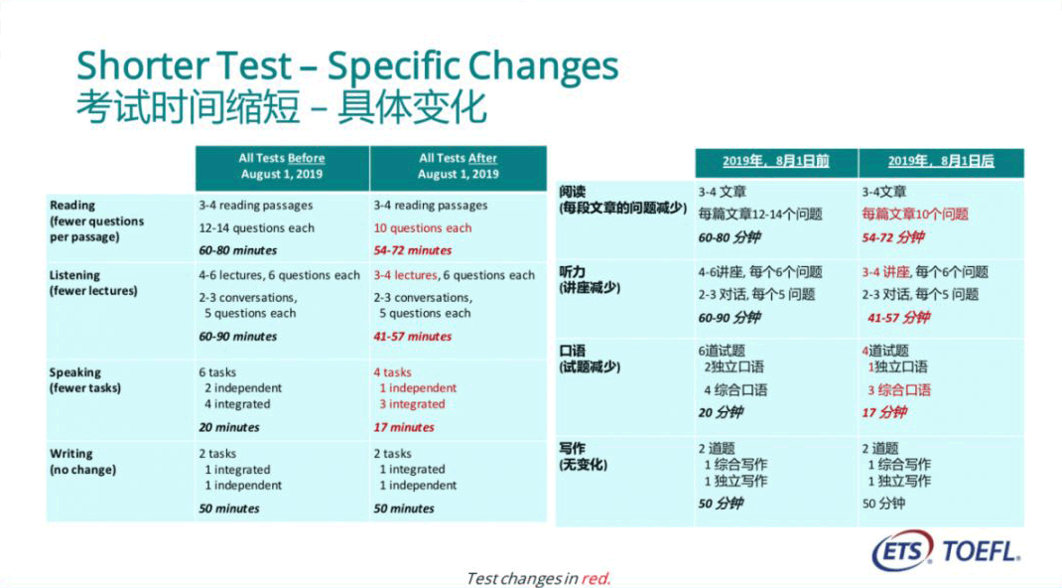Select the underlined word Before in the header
point(306,159)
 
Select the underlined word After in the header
point(482,159)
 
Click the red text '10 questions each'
point(423,228)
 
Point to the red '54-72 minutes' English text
point(413,250)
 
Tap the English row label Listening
point(74,276)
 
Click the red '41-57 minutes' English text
point(413,337)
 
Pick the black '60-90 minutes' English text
point(238,337)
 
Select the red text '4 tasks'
point(392,372)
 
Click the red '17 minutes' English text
point(404,427)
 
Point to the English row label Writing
point(71,454)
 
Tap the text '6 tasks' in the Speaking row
point(217,372)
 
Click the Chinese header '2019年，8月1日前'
point(775,161)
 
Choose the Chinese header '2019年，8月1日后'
point(941,161)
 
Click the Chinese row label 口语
point(573,351)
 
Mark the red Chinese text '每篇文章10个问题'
point(915,215)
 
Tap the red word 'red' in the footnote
point(596,578)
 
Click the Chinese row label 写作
point(573,449)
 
